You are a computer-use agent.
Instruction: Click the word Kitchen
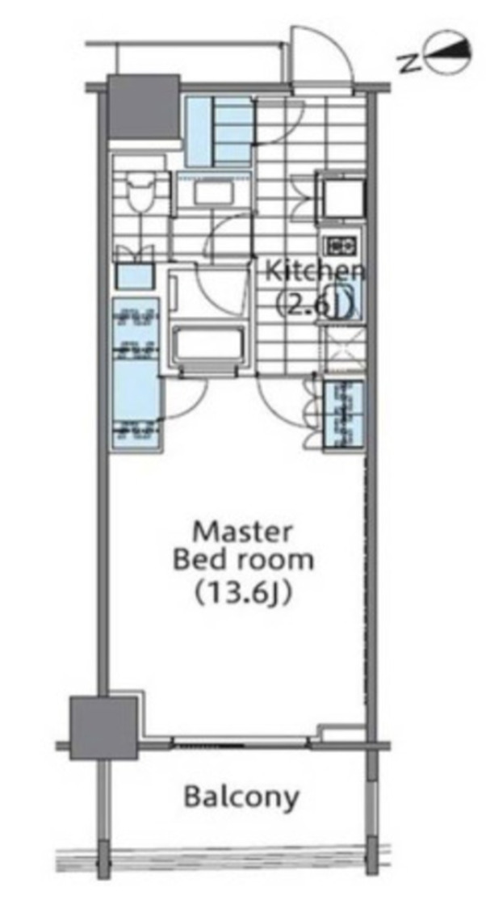coord(316,271)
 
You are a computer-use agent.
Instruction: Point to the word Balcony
coord(241,797)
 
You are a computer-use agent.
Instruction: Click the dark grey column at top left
coord(143,107)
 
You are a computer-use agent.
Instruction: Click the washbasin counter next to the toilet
coord(202,193)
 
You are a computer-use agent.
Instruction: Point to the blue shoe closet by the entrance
coord(220,129)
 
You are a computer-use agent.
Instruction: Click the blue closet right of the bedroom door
coord(343,414)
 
